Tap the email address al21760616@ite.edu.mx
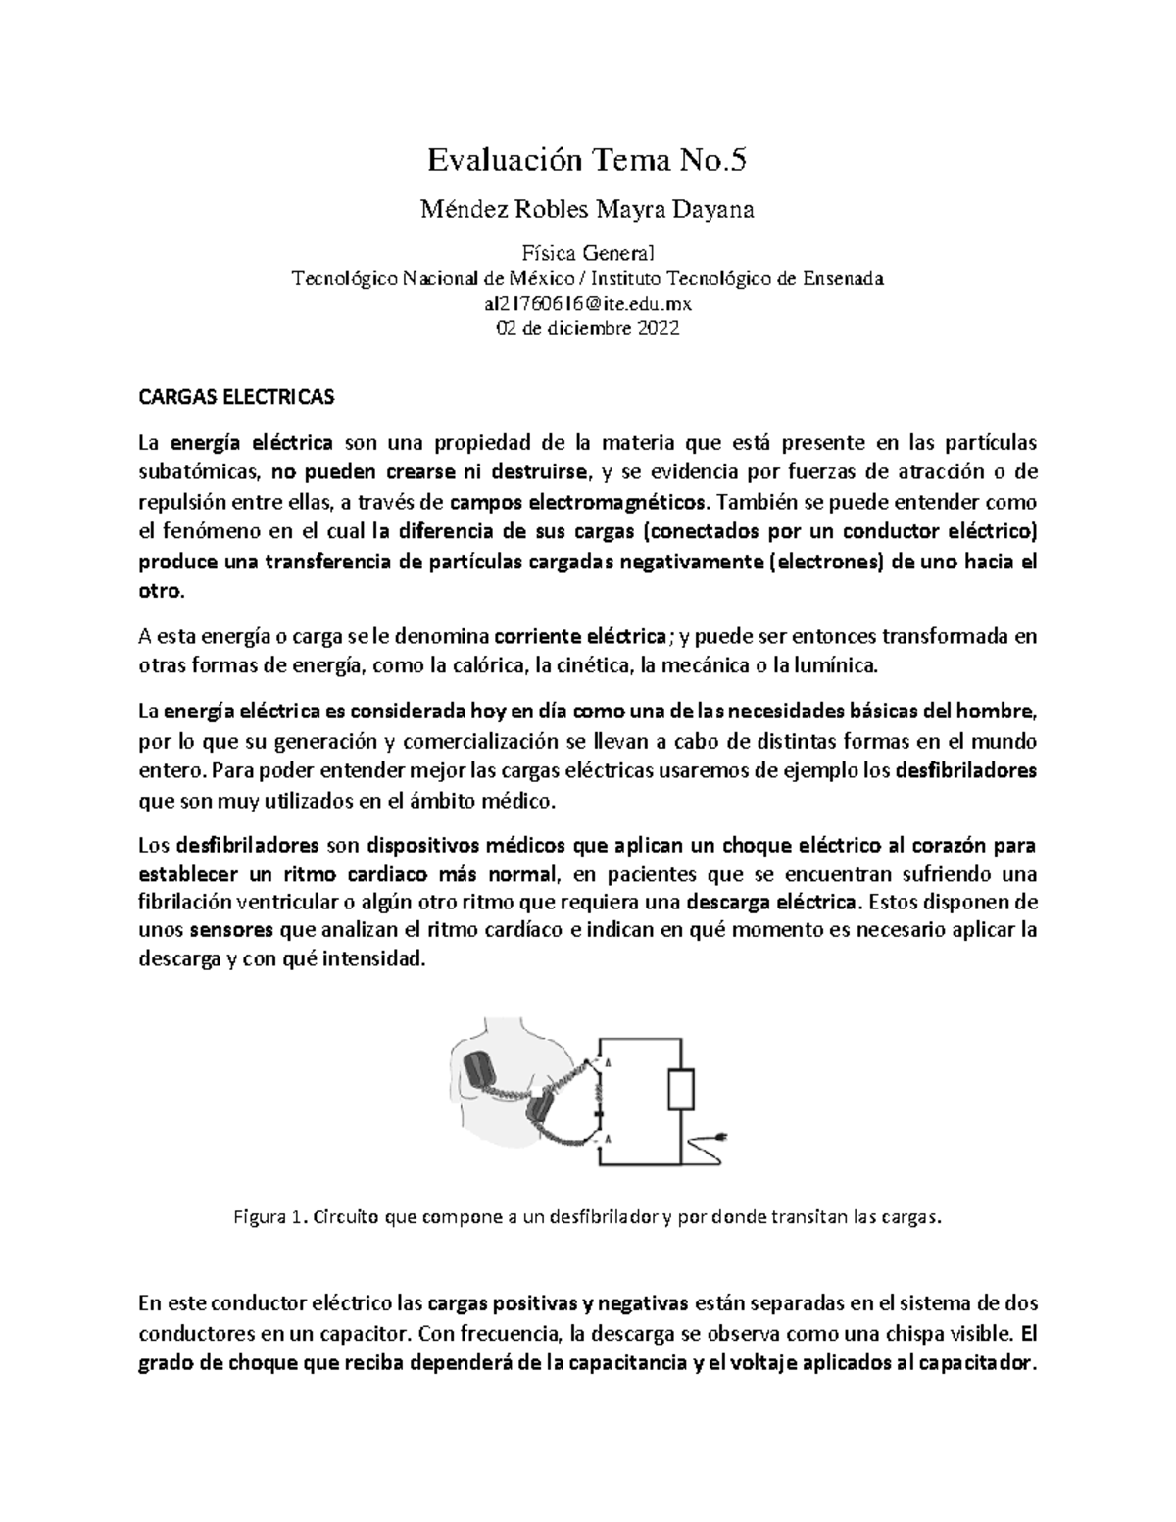(x=588, y=304)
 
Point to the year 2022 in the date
(x=659, y=329)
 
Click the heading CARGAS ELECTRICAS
(x=236, y=397)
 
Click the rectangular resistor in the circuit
(x=681, y=1089)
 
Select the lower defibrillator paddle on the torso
(x=540, y=1110)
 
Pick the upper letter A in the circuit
(x=608, y=1062)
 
